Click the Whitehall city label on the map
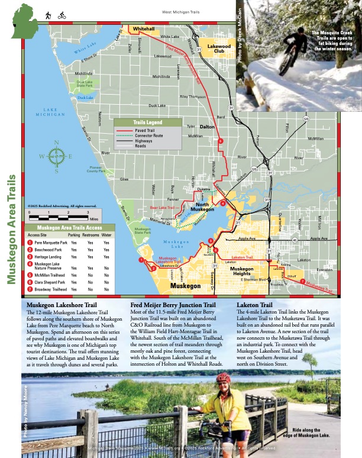coord(144,28)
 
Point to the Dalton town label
coord(207,127)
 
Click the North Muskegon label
coord(202,208)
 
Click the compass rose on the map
coord(56,157)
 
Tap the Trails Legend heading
coord(148,122)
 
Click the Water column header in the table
coord(106,235)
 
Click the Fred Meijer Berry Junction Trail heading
coord(173,305)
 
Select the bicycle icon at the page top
coord(62,16)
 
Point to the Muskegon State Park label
coord(143,231)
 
